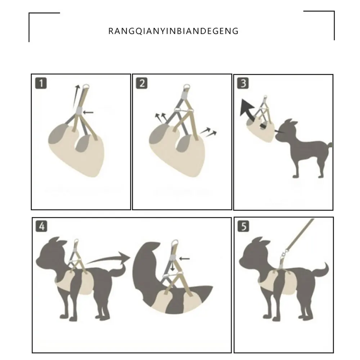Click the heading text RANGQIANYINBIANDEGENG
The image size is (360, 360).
(x=174, y=31)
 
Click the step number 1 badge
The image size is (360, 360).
(x=41, y=83)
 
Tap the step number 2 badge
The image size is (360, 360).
(x=141, y=83)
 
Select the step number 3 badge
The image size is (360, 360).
(x=243, y=83)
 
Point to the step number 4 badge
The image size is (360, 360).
(x=41, y=226)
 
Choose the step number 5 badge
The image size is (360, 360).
(x=243, y=226)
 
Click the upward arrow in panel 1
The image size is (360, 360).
(x=76, y=96)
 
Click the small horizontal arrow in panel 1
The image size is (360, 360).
(x=88, y=112)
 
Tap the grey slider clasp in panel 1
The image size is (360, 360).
(x=79, y=111)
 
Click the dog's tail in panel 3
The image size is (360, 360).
(x=330, y=145)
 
